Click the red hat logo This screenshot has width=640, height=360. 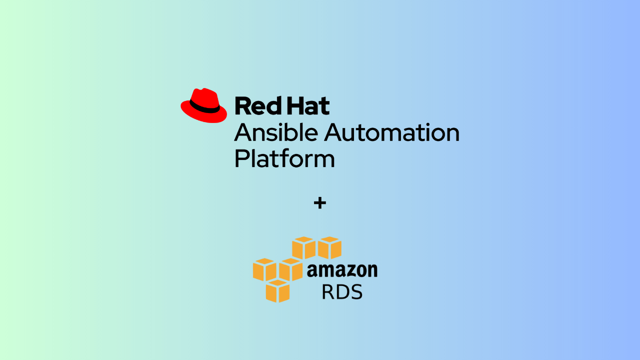click(x=203, y=105)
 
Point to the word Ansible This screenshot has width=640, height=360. click(x=276, y=132)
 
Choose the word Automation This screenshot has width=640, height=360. click(x=391, y=132)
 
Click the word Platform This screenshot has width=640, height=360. click(x=284, y=158)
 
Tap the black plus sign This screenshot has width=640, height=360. click(x=319, y=203)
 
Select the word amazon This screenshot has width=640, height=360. click(x=342, y=270)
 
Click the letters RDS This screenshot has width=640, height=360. click(x=342, y=291)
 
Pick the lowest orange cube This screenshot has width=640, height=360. click(x=277, y=291)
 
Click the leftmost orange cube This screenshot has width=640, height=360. click(x=264, y=269)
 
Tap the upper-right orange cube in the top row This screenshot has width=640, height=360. click(x=329, y=247)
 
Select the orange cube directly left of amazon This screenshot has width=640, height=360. click(x=290, y=269)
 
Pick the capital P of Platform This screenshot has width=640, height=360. click(x=241, y=158)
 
